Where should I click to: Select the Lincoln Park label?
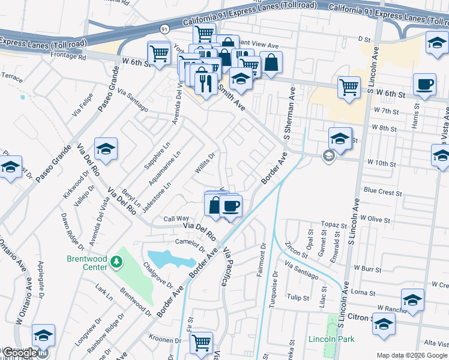click(x=331, y=339)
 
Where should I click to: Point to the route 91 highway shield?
click(x=164, y=29)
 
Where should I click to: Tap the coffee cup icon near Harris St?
click(x=424, y=85)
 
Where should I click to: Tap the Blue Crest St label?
click(x=382, y=191)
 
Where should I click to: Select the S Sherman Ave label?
click(x=287, y=113)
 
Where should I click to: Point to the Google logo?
click(x=19, y=353)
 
